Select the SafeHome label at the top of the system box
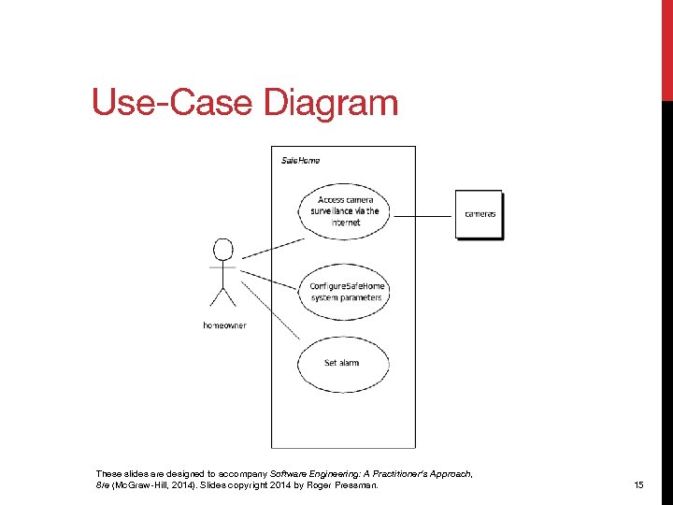click(x=301, y=160)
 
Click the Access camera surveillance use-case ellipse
click(x=344, y=211)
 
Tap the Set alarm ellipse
click(x=343, y=363)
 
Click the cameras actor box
click(x=480, y=214)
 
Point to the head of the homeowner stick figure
click(x=222, y=251)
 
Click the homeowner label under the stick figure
click(x=224, y=325)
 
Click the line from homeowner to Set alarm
click(x=271, y=309)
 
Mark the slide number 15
click(x=639, y=485)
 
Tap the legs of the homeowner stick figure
click(x=222, y=296)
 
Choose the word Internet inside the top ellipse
click(x=346, y=223)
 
